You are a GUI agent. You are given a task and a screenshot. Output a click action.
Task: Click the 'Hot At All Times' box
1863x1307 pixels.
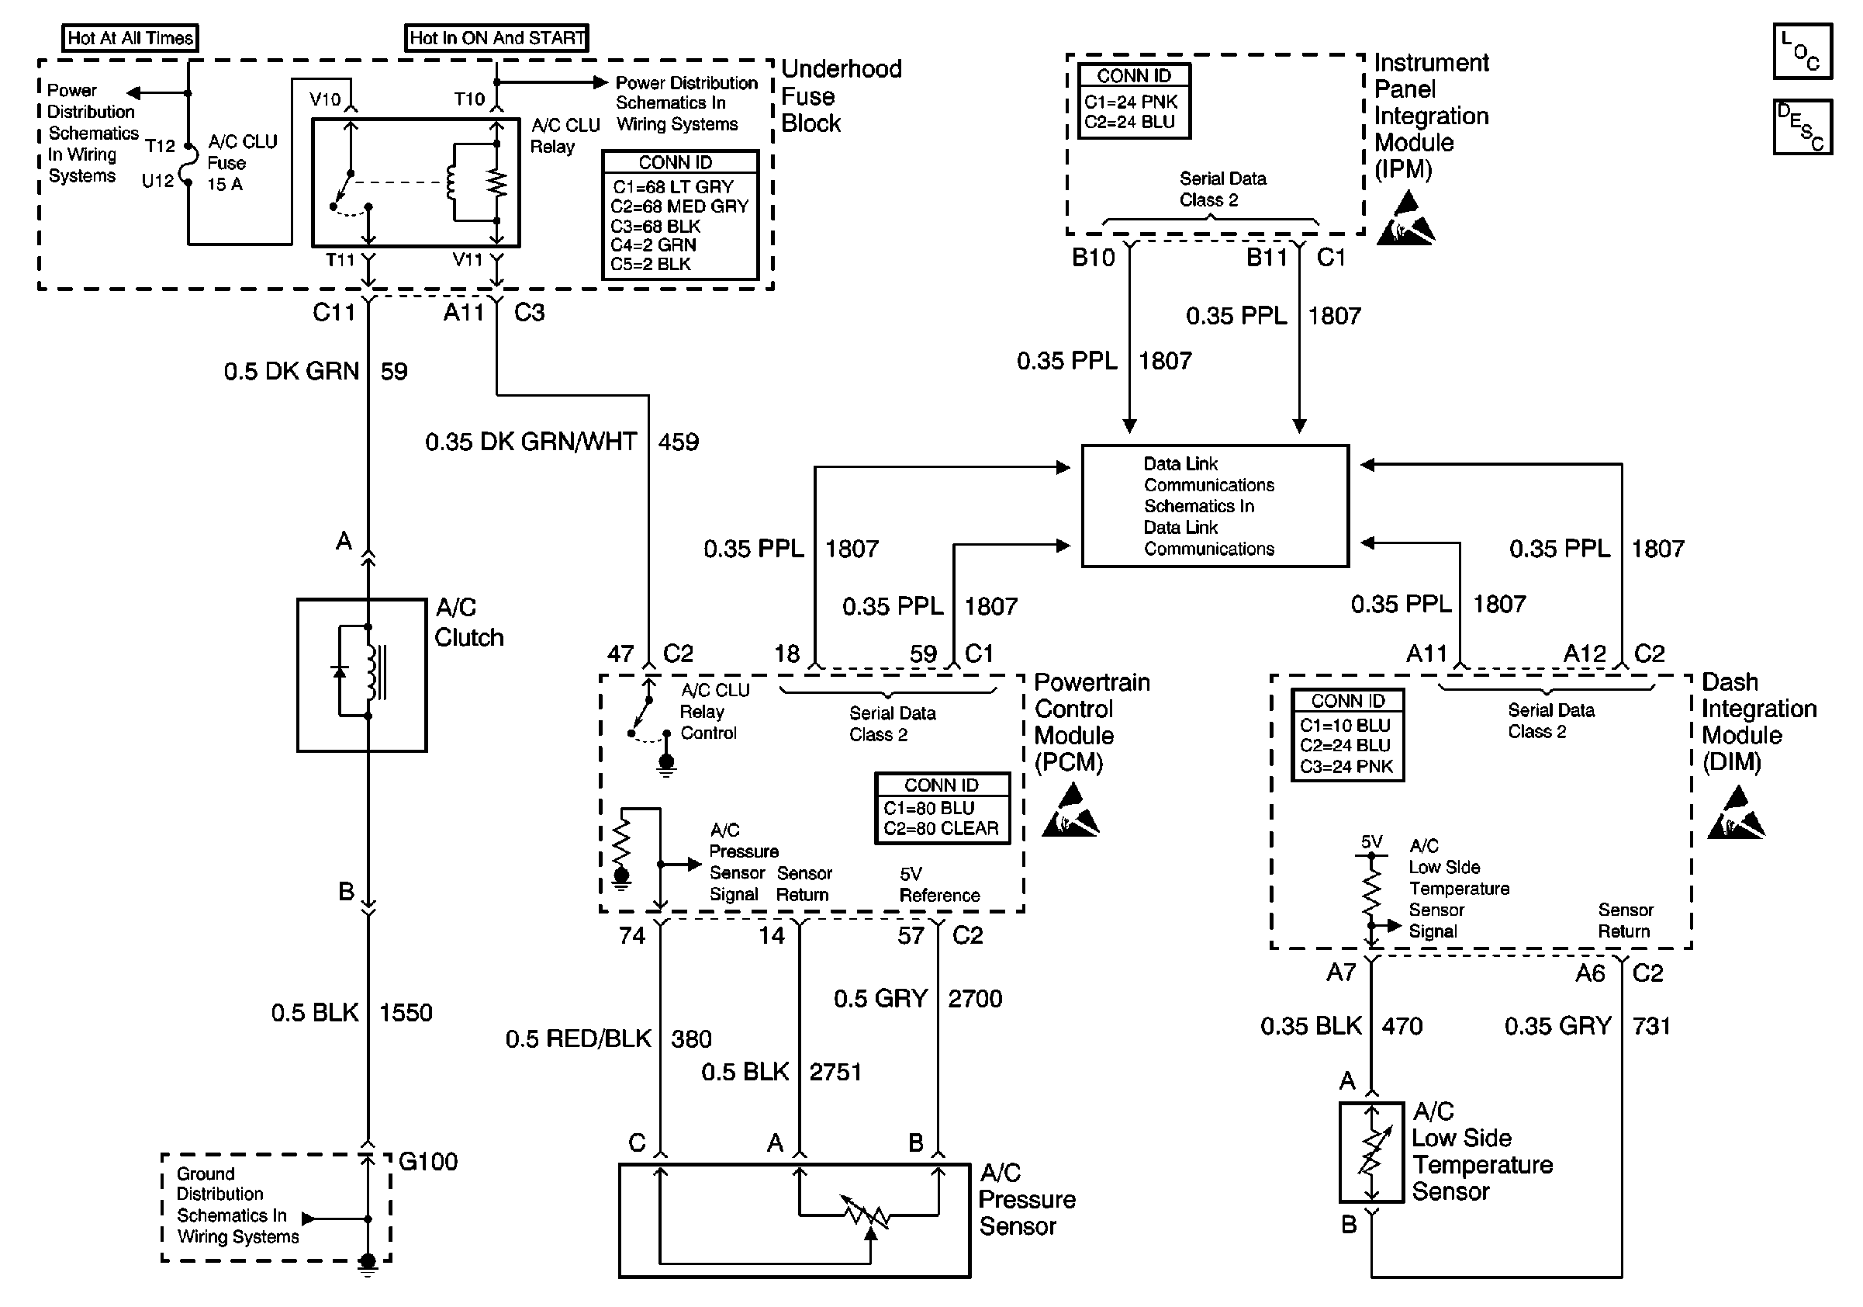coord(130,37)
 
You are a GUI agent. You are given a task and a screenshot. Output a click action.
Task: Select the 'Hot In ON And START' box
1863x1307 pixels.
coord(496,37)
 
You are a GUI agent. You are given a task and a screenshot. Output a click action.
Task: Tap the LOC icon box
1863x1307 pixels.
coord(1803,51)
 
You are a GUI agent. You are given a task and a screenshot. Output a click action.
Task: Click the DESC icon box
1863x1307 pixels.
coord(1803,127)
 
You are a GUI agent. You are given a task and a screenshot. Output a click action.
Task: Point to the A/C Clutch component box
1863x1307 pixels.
coord(362,675)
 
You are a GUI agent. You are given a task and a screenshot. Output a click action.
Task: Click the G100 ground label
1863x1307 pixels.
coord(428,1162)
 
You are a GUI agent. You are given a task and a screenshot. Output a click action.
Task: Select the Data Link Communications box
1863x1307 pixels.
coord(1215,506)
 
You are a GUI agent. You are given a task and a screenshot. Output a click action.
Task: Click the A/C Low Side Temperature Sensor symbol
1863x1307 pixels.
coord(1371,1152)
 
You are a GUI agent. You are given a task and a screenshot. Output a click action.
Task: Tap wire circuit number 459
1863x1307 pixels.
coord(679,442)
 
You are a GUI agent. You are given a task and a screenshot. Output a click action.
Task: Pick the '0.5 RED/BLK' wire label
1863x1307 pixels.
coord(579,1039)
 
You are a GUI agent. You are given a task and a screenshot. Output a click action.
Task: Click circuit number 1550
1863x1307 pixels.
coord(406,1012)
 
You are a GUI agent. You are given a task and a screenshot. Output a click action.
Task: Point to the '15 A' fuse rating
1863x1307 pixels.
coord(225,184)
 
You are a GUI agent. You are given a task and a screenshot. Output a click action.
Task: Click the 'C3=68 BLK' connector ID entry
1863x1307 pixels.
coord(655,227)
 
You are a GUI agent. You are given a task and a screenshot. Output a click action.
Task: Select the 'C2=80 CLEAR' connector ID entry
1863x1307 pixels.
coord(942,829)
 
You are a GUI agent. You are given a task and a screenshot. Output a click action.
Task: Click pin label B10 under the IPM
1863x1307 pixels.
coord(1093,258)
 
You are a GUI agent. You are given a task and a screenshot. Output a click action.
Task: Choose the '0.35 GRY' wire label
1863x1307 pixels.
coord(1558,1026)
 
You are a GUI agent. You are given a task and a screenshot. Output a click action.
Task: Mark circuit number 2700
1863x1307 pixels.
coord(975,999)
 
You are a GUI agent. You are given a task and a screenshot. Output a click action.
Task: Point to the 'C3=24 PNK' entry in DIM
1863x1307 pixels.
coord(1346,766)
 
